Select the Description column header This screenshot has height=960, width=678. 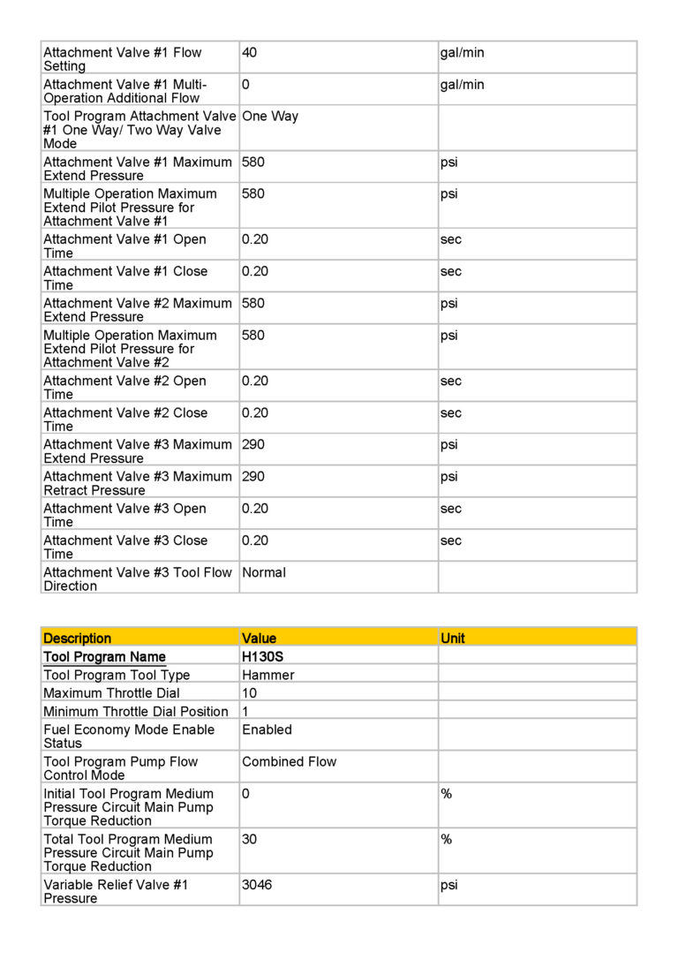coord(78,638)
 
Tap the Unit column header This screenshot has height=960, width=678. coord(452,638)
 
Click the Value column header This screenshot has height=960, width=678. coord(259,638)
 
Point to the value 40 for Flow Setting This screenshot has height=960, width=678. coord(249,53)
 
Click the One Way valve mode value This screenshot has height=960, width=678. coord(270,117)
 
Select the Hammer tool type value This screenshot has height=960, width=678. coord(268,676)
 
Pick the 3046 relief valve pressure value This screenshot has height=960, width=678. coord(257,885)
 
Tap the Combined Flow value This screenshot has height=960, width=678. coord(289,761)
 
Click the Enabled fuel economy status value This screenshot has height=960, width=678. coord(267,730)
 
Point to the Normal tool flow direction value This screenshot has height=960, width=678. coord(264,572)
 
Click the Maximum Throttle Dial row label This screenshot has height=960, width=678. coord(111,693)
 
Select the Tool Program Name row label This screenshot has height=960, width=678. coord(104,657)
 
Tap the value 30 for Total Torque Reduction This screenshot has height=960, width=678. coord(249,839)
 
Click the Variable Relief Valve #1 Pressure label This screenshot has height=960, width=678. coord(116,891)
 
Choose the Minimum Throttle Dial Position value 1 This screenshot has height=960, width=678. coord(245,712)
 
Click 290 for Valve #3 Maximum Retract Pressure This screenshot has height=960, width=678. coord(252,477)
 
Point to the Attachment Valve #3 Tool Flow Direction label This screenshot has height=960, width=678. coord(137,578)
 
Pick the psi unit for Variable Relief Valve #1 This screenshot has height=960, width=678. coord(449,885)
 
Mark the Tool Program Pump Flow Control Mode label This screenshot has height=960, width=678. coord(120,768)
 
